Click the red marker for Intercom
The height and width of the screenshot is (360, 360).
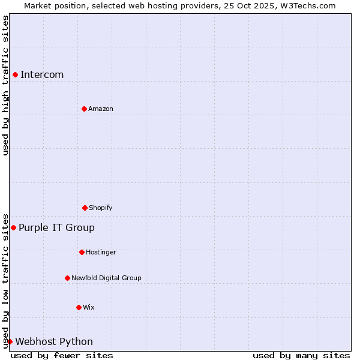click(x=15, y=74)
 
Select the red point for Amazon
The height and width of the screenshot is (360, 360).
click(x=84, y=109)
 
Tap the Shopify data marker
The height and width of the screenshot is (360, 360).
click(x=85, y=208)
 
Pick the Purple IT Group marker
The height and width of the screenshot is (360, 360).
click(x=13, y=227)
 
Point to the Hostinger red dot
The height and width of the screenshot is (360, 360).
click(x=82, y=252)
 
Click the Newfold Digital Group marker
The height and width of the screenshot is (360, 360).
click(x=67, y=278)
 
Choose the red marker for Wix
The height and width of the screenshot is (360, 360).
click(x=79, y=307)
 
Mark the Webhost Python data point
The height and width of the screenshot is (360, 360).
click(x=10, y=341)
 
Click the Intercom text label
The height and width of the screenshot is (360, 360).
click(x=42, y=74)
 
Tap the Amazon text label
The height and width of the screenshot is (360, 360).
click(x=101, y=109)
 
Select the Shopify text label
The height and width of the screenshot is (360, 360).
click(x=101, y=208)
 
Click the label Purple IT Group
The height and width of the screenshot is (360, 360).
click(x=56, y=227)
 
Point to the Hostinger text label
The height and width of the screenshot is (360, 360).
click(x=101, y=252)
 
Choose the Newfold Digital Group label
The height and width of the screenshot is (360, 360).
click(x=106, y=278)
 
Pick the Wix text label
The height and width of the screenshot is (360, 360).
click(x=89, y=307)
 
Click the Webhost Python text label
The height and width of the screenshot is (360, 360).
click(x=54, y=341)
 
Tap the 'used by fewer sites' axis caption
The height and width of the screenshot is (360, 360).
click(x=62, y=355)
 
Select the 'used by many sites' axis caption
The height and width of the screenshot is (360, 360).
click(x=301, y=355)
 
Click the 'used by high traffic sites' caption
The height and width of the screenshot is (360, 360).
click(x=5, y=85)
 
